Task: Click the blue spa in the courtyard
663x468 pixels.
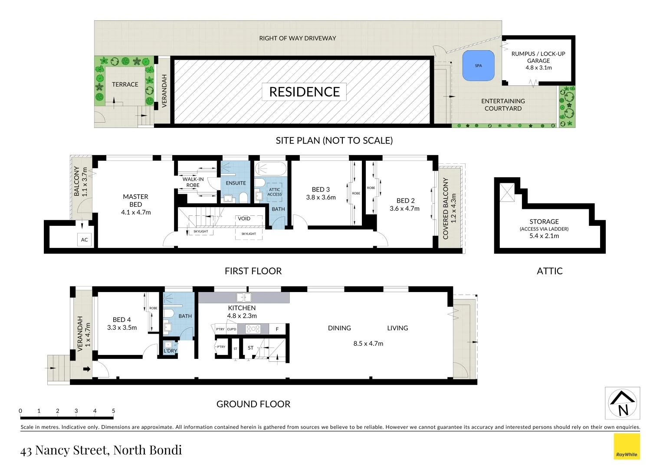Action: point(478,66)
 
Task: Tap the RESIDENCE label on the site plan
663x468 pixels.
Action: point(304,92)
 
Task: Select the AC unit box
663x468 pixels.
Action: point(85,240)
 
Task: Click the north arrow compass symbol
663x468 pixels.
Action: point(622,403)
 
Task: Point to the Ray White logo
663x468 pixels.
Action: point(627,447)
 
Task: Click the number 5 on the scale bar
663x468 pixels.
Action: point(113,411)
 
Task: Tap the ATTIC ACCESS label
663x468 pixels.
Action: point(274,192)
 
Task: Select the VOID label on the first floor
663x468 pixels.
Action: point(244,218)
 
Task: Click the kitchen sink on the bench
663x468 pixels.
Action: point(243,297)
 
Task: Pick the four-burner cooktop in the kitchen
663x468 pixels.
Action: point(253,329)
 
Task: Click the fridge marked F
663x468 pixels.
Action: point(277,329)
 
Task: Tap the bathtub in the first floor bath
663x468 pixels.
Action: point(270,169)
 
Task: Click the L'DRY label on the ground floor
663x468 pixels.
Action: point(170,351)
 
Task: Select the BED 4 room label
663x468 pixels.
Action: point(121,320)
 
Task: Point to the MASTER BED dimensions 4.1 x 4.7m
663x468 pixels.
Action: point(136,212)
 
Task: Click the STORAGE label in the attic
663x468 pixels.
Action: point(544,221)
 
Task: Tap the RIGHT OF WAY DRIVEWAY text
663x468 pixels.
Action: point(297,38)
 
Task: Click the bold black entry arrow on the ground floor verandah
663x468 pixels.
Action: point(87,369)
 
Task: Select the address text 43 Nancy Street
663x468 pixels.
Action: point(101,450)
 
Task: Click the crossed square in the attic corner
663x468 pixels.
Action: point(507,192)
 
